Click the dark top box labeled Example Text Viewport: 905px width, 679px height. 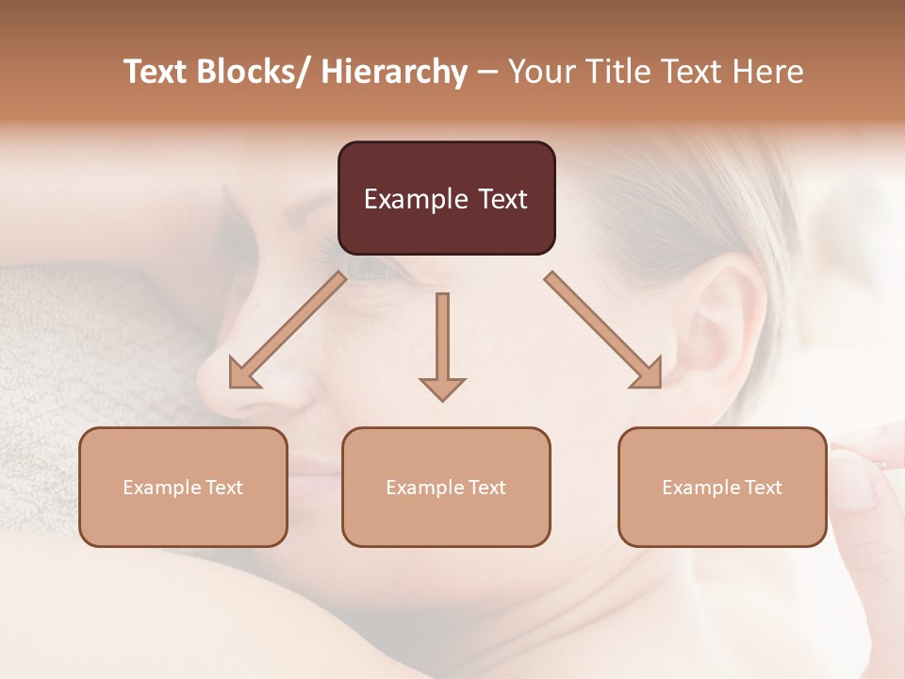446,198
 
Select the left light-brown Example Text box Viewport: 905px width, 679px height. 183,487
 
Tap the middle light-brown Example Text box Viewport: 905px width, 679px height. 446,487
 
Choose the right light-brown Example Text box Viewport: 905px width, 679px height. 722,487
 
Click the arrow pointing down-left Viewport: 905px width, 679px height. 288,330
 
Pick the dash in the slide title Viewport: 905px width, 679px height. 487,73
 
